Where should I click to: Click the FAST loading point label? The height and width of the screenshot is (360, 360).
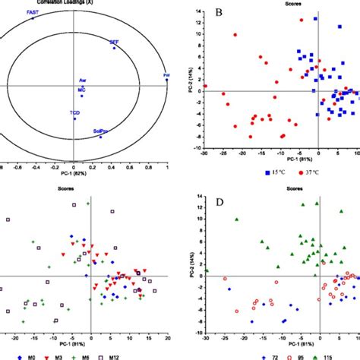[33, 13]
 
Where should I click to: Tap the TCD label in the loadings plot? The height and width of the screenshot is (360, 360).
[74, 113]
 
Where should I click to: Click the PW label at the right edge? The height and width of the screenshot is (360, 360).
[166, 75]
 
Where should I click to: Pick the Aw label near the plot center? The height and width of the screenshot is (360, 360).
[82, 81]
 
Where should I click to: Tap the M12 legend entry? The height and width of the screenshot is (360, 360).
[125, 355]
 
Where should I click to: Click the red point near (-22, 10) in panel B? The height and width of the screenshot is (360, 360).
[235, 34]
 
